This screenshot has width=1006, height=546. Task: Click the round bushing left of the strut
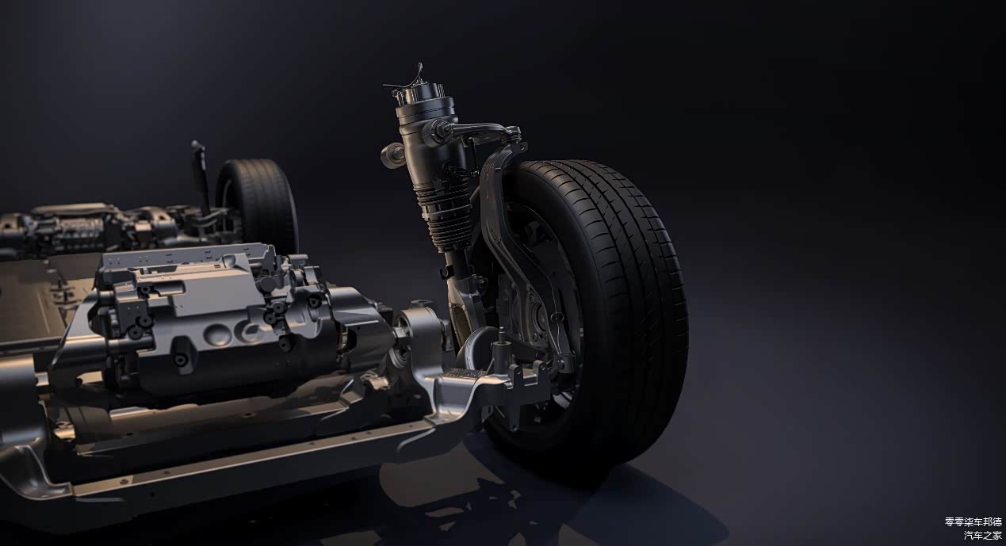391,155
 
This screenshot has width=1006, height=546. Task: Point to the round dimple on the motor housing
216,333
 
